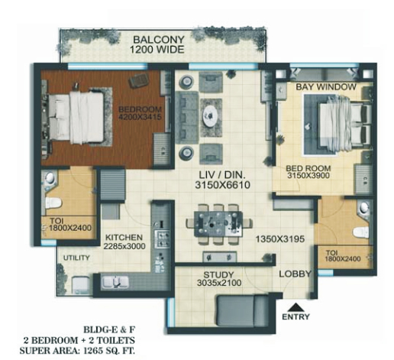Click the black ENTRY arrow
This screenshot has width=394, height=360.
[295, 307]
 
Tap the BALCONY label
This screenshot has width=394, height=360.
[159, 40]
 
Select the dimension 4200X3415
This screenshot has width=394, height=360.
[140, 117]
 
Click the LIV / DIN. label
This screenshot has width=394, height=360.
[222, 175]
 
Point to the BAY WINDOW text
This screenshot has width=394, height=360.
[326, 87]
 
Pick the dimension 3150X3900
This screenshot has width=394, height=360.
[308, 176]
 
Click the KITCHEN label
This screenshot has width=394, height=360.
[124, 238]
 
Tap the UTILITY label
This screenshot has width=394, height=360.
[76, 258]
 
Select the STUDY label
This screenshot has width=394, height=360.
[218, 274]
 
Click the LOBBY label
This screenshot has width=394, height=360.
[295, 274]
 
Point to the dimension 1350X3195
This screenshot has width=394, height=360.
[280, 239]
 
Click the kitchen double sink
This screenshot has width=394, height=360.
[115, 282]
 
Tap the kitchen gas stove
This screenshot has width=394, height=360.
[162, 238]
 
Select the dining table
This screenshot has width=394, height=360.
[218, 224]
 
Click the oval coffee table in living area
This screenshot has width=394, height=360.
[210, 116]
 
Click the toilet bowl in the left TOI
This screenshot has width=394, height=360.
[53, 203]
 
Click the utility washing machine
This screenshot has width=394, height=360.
[80, 286]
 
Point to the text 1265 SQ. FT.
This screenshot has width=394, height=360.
[109, 351]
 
